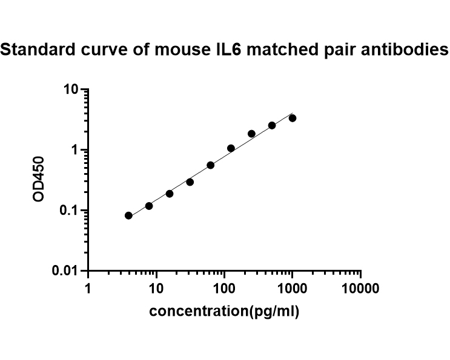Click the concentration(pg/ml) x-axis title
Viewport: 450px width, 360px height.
point(224,312)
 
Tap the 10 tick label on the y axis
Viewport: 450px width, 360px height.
point(71,90)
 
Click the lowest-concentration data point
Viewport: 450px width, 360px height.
point(128,215)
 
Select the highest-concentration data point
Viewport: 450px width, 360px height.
point(293,118)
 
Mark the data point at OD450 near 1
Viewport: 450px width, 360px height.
point(231,148)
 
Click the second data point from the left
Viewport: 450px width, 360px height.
point(149,206)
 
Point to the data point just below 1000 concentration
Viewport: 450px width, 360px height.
point(272,125)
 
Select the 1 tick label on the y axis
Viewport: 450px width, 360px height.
point(76,150)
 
